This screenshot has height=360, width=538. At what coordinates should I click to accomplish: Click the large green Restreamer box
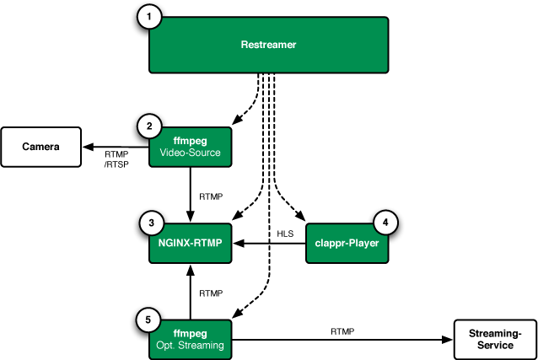pos(268,45)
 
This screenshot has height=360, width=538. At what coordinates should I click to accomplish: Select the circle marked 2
pos(149,127)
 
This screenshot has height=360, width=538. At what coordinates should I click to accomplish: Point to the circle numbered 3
pos(151,223)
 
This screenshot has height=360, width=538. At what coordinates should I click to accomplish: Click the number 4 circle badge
pos(385,223)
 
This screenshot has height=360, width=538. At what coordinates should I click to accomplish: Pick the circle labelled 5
pos(148,320)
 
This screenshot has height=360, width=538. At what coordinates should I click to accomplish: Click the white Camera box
pos(40,147)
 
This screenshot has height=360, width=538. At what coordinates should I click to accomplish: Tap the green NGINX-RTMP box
pos(190,243)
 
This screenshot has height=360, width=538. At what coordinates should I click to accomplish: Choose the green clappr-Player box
pos(347,243)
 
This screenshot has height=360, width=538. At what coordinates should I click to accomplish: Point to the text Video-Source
pos(190,153)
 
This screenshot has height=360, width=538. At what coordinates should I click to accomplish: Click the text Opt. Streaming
pos(190,346)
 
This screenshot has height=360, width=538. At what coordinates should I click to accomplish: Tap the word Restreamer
pos(268,45)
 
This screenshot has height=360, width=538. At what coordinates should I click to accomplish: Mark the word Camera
pos(40,147)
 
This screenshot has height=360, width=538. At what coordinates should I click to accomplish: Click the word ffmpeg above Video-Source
pos(190,142)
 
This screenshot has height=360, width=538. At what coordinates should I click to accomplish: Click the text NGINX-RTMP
pos(190,243)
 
